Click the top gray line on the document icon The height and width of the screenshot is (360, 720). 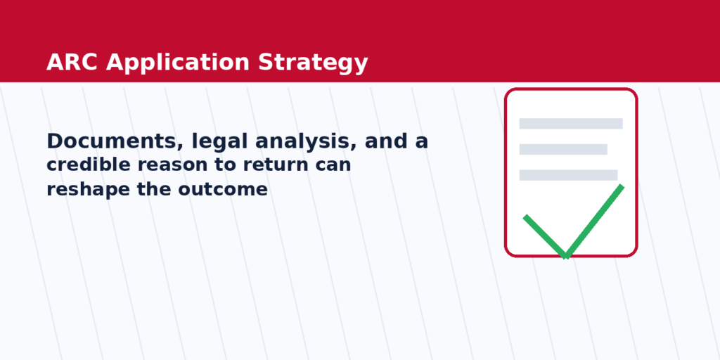[570, 124]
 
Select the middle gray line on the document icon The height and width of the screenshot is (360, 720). [562, 149]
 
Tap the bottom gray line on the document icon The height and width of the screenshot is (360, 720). [568, 175]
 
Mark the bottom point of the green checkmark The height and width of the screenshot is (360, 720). [565, 256]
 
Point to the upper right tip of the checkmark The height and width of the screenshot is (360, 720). [622, 186]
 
